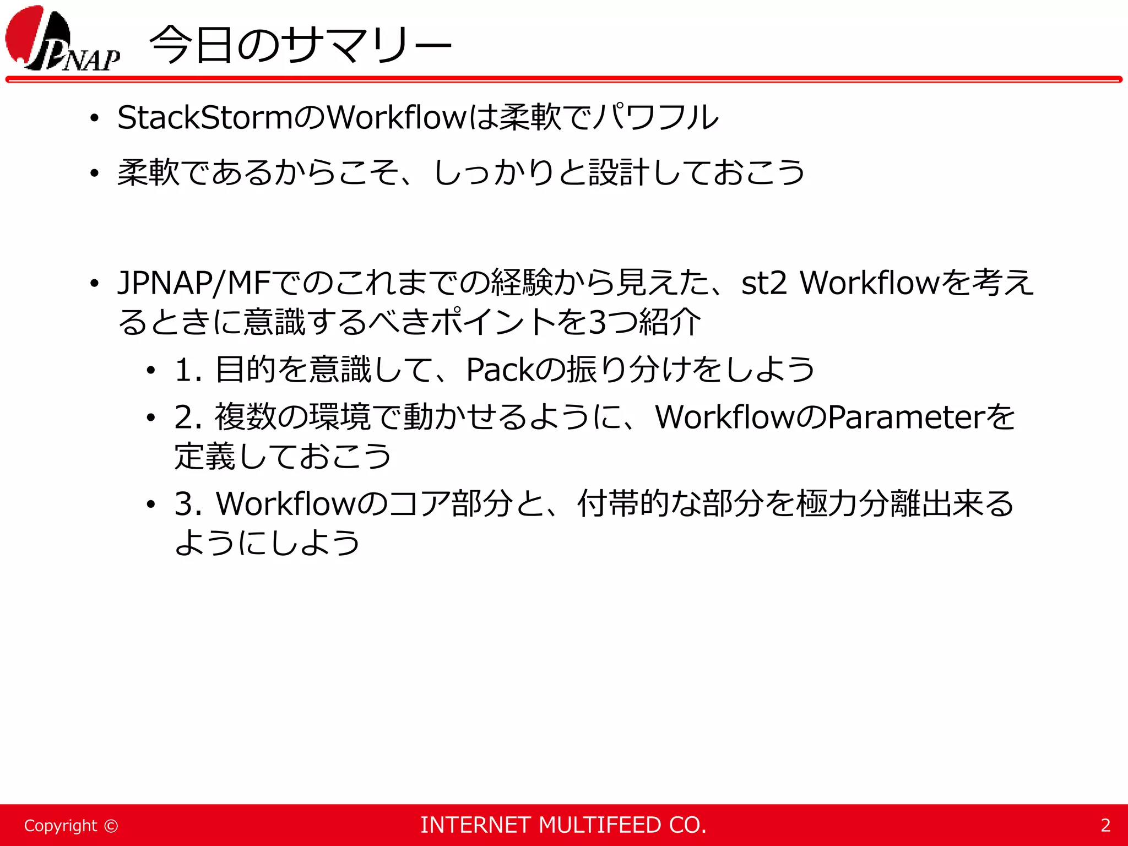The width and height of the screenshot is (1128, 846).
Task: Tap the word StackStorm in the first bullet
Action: pyautogui.click(x=204, y=118)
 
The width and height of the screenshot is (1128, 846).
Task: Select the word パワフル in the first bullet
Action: pyautogui.click(x=656, y=118)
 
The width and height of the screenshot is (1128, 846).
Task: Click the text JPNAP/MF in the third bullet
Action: pyautogui.click(x=193, y=283)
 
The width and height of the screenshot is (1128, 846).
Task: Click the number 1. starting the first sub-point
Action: pyautogui.click(x=188, y=370)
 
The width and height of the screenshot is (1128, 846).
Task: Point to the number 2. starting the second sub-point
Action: pyautogui.click(x=188, y=417)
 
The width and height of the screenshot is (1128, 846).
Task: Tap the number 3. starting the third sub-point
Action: pyautogui.click(x=188, y=504)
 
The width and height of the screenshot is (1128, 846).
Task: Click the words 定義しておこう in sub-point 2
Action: pyautogui.click(x=283, y=457)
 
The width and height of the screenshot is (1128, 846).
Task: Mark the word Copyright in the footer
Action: pyautogui.click(x=60, y=826)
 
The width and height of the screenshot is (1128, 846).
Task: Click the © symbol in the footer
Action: pyautogui.click(x=111, y=826)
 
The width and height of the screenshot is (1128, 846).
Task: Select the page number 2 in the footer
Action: pyautogui.click(x=1105, y=825)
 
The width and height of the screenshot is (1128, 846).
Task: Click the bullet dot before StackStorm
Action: pyautogui.click(x=95, y=119)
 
